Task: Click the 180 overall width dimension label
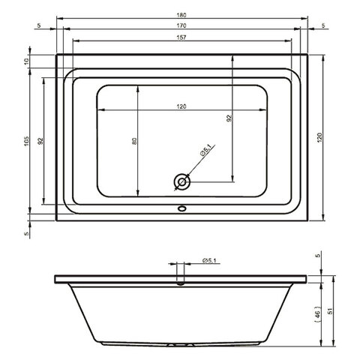coord(181,15)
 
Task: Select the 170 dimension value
coord(181,25)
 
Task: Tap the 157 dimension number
coord(181,37)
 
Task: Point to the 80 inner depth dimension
coord(134,141)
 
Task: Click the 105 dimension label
coord(27,141)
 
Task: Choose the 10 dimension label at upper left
coord(27,61)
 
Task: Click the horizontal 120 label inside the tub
coord(181,106)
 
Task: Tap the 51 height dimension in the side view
coord(330,311)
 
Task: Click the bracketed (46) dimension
coord(317,313)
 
